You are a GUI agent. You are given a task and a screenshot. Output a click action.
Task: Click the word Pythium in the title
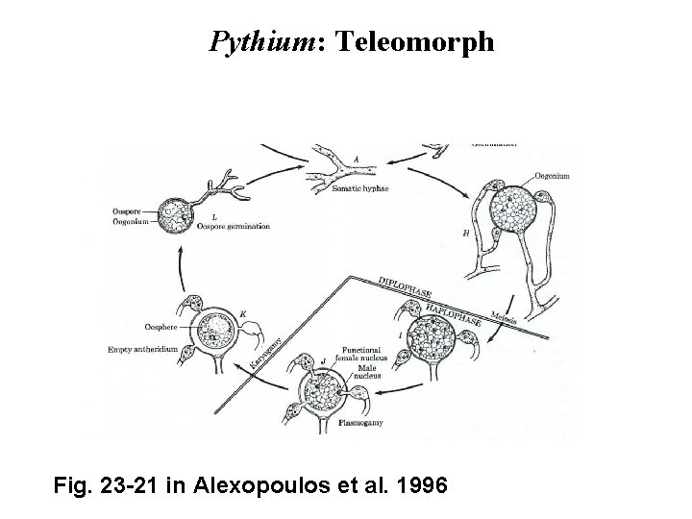click(x=254, y=43)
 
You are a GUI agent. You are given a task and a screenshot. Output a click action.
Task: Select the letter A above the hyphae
click(x=330, y=160)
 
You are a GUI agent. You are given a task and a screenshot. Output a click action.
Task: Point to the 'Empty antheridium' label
click(x=143, y=349)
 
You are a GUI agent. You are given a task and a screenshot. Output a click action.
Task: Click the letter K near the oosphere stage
click(x=244, y=313)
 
